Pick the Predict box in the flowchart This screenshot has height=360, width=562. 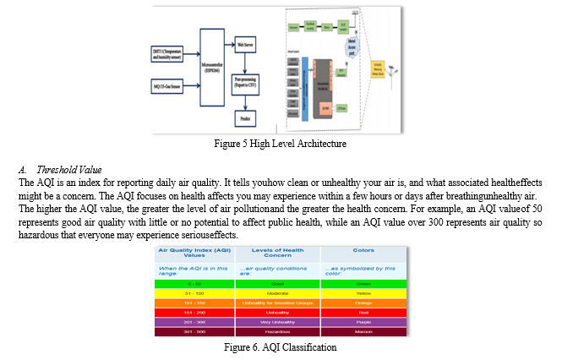(x=248, y=119)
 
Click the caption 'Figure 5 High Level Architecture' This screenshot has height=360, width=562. (x=281, y=144)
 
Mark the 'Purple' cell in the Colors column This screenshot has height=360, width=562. (x=363, y=322)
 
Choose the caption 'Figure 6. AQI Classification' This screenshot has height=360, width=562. (x=280, y=347)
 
